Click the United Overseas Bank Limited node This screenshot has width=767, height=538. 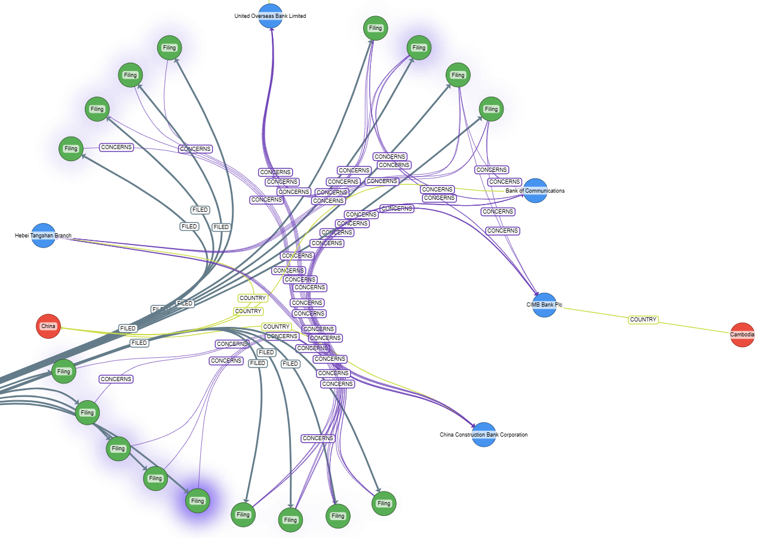coord(271,16)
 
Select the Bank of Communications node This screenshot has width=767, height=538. coord(535,191)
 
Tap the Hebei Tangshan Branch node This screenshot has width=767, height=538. coord(43,236)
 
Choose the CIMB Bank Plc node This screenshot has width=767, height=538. coord(544,305)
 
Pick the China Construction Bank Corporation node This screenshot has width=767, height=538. coord(484,435)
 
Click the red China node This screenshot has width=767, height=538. coord(48,326)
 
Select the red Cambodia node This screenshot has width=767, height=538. coord(742,335)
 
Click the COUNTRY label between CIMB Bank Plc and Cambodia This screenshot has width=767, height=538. coord(643,320)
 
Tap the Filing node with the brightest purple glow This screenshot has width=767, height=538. coord(198,501)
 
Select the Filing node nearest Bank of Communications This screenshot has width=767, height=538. coord(491,109)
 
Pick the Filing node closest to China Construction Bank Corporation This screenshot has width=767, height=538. coord(383,503)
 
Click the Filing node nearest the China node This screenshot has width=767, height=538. coord(63,372)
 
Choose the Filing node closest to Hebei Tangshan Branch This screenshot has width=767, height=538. coord(71,149)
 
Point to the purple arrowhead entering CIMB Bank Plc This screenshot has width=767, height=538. coord(536,295)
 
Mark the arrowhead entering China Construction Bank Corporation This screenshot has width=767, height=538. coord(474,426)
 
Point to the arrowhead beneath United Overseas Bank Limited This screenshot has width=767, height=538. coord(272,30)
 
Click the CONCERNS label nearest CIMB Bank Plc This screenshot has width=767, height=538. coord(502,231)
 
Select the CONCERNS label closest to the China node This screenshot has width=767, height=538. coord(116,379)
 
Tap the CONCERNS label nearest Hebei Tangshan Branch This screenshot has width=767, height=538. coord(116,147)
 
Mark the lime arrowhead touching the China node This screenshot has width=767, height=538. coord(62,328)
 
